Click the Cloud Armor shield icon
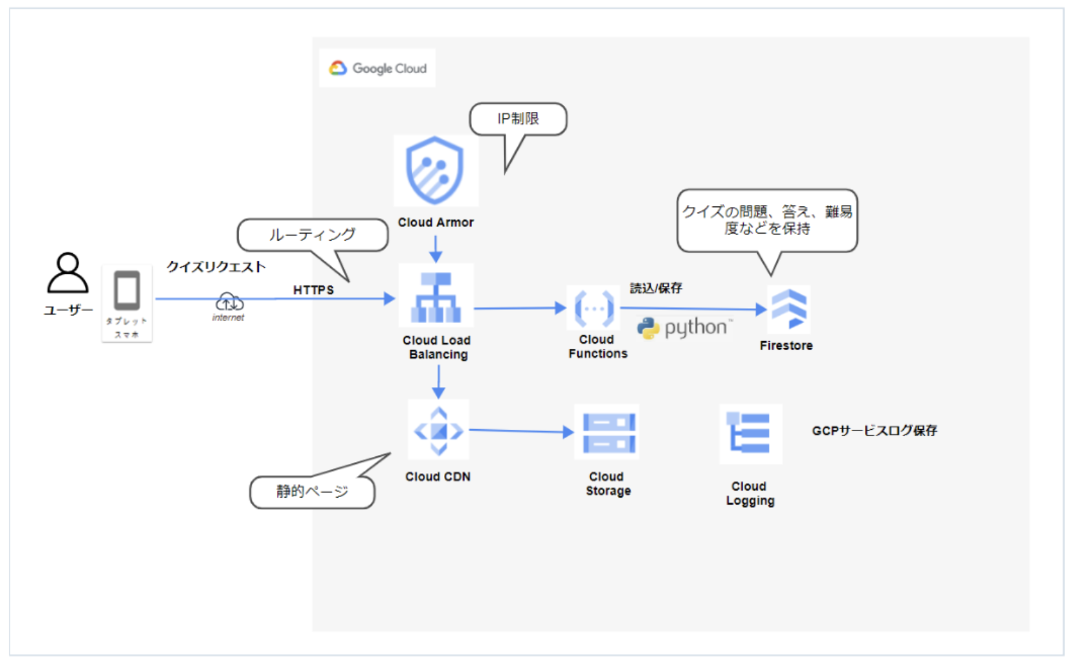pyautogui.click(x=434, y=170)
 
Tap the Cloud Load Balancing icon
pyautogui.click(x=436, y=297)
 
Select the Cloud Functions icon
pyautogui.click(x=594, y=309)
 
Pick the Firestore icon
pyautogui.click(x=788, y=308)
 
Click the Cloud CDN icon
pyautogui.click(x=438, y=430)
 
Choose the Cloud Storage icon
pyautogui.click(x=607, y=432)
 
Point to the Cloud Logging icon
pyautogui.click(x=750, y=433)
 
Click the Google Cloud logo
pyautogui.click(x=377, y=68)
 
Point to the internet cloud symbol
pyautogui.click(x=229, y=302)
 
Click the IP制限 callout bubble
pyautogui.click(x=518, y=119)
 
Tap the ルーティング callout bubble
pyautogui.click(x=312, y=234)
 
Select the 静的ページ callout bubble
pyautogui.click(x=312, y=492)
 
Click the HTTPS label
pyautogui.click(x=313, y=290)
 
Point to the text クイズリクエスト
pyautogui.click(x=216, y=267)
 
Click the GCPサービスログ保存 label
pyautogui.click(x=874, y=430)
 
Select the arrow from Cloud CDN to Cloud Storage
pyautogui.click(x=520, y=430)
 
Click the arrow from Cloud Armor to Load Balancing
pyautogui.click(x=436, y=249)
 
